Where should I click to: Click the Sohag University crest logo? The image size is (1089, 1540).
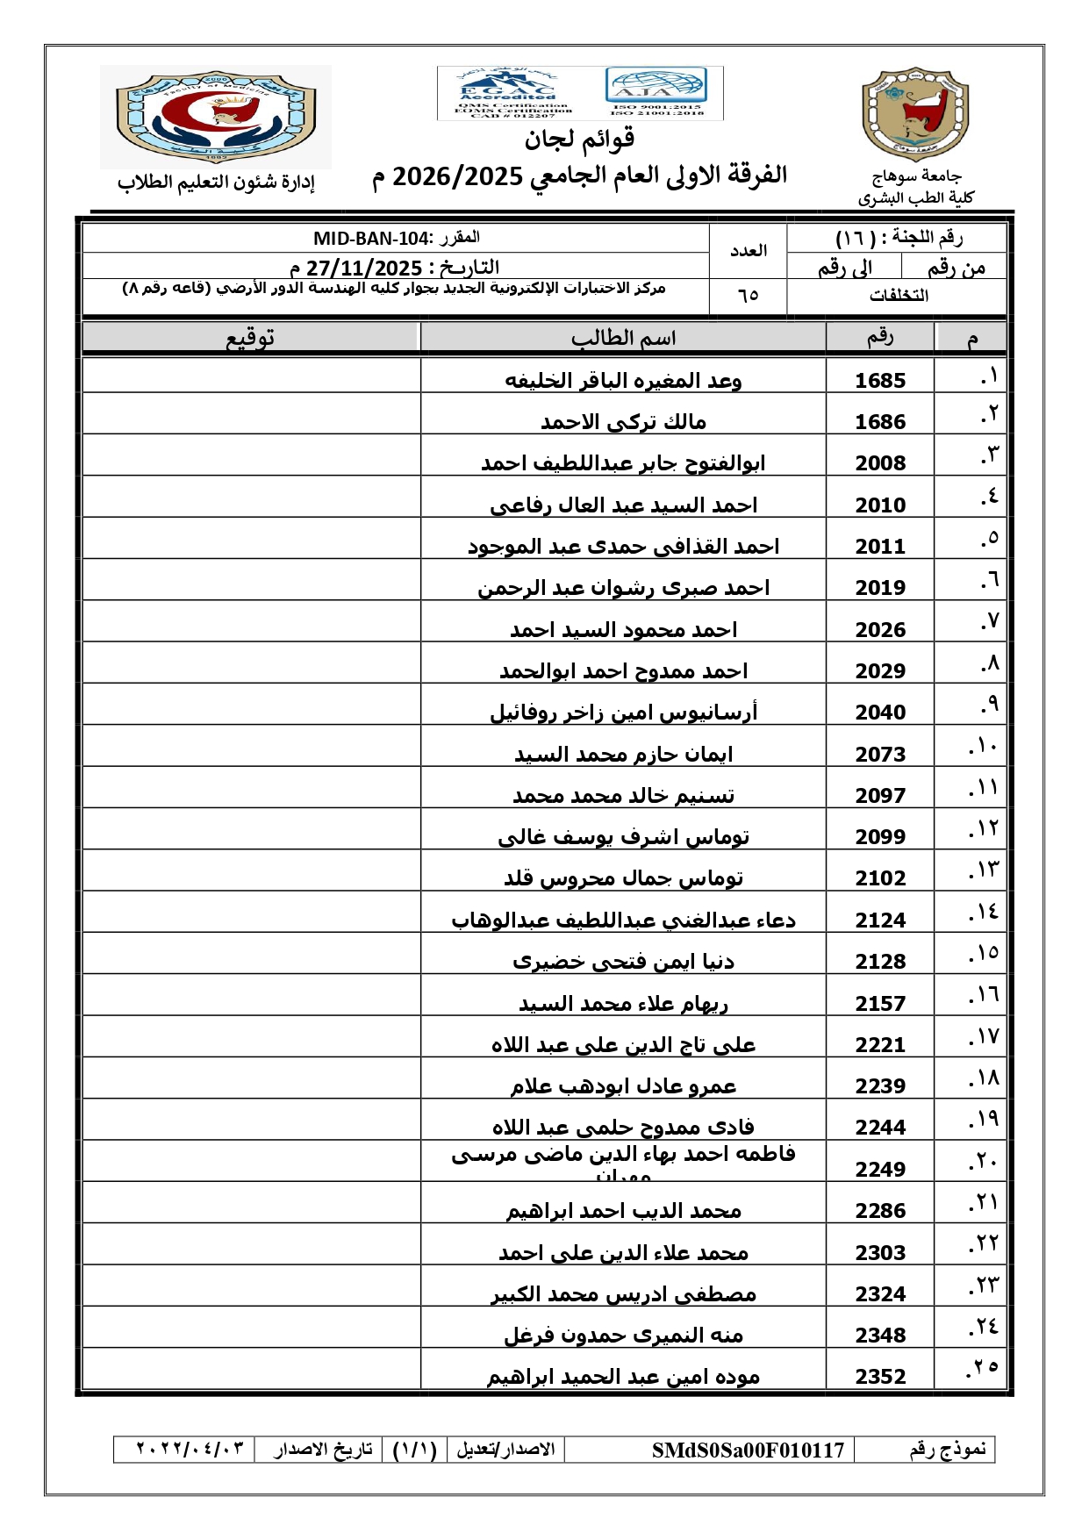tap(915, 114)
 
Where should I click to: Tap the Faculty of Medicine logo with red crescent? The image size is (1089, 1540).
tap(216, 116)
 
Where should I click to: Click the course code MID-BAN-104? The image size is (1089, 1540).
tap(371, 239)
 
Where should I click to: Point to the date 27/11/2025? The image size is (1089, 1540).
tap(364, 268)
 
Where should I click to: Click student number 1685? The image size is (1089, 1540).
tap(880, 380)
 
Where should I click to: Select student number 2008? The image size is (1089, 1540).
tap(880, 463)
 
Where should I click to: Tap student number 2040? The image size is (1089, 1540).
tap(880, 713)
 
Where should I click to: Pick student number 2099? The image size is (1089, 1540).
tap(880, 837)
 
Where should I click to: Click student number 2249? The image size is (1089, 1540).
tap(880, 1169)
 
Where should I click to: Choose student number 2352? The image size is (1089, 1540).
tap(880, 1377)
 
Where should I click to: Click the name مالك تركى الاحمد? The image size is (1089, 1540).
tap(623, 422)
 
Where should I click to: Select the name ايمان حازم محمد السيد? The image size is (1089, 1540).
tap(623, 754)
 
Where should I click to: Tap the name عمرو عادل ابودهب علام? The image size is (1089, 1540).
tap(623, 1086)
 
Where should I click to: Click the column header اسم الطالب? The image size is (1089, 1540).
tap(623, 338)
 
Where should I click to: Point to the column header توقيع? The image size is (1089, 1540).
tap(251, 338)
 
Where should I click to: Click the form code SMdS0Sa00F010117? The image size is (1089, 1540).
tap(748, 1450)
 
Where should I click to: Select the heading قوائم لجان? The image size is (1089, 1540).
tap(579, 139)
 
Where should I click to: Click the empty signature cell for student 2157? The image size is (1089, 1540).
tap(251, 995)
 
